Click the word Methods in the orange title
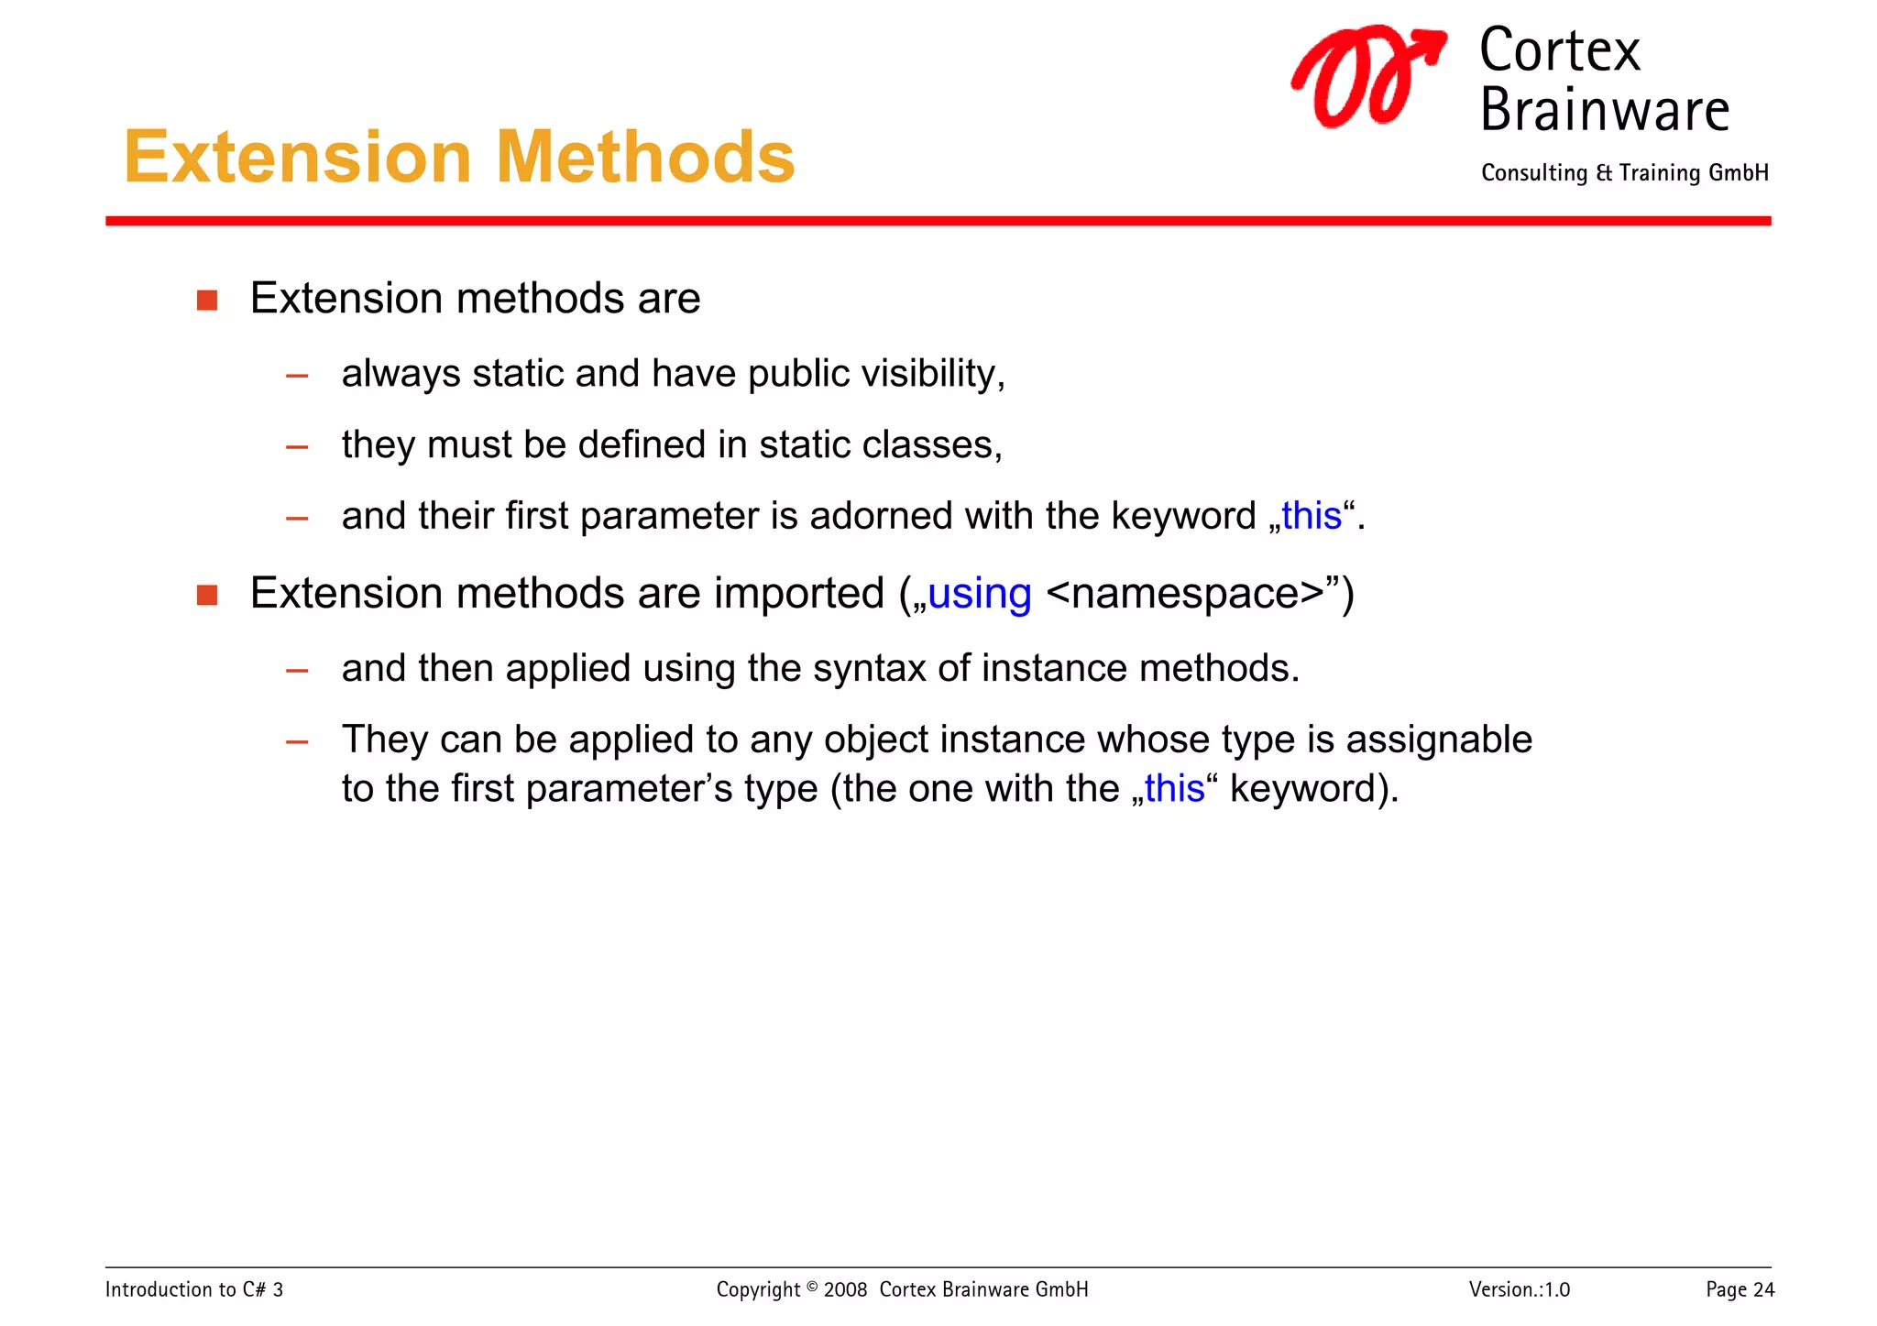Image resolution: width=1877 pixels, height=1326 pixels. (644, 158)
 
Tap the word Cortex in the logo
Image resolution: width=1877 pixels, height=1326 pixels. (1559, 50)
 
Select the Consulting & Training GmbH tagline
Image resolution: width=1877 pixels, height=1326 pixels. (1624, 173)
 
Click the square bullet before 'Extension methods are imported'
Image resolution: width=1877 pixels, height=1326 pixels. (207, 596)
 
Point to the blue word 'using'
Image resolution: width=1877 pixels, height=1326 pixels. (979, 594)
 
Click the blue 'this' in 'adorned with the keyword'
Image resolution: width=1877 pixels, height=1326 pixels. (1311, 516)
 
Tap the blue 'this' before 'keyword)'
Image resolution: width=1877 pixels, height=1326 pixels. (1174, 789)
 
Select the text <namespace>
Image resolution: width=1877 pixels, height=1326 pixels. (1184, 594)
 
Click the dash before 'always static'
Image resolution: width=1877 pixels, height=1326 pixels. (297, 376)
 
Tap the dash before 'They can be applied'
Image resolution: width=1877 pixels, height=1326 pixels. (297, 741)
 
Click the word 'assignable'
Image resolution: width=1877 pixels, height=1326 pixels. (1438, 740)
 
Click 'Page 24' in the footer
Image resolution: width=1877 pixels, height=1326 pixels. (1740, 1290)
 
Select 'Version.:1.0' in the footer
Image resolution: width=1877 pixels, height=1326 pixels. (1519, 1290)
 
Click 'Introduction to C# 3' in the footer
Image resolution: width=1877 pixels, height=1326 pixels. (194, 1290)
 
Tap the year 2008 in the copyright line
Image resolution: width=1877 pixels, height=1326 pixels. (844, 1290)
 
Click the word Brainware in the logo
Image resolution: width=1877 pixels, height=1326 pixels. (1604, 110)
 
